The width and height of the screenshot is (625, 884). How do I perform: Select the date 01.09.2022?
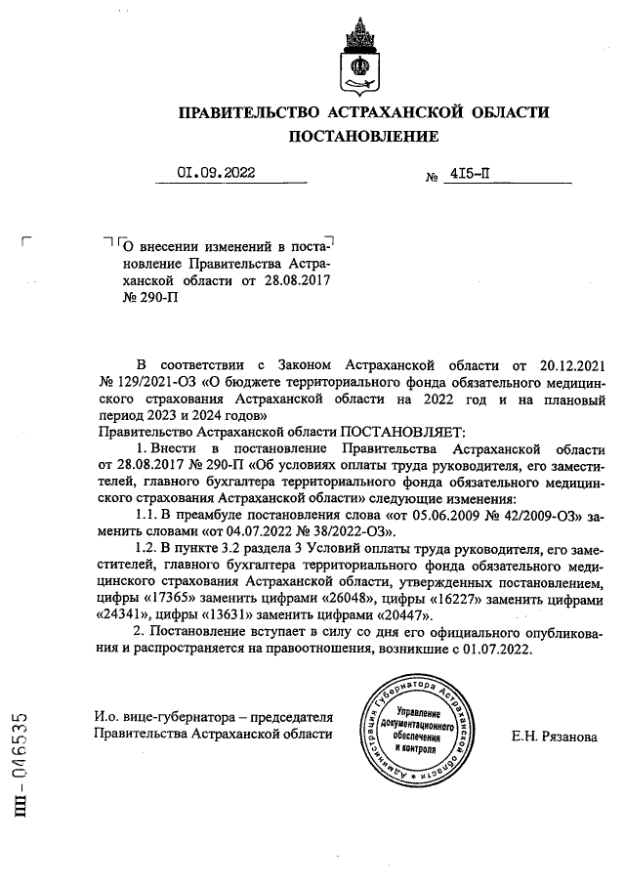pos(216,174)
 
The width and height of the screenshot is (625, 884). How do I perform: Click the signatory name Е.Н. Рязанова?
pos(554,737)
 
